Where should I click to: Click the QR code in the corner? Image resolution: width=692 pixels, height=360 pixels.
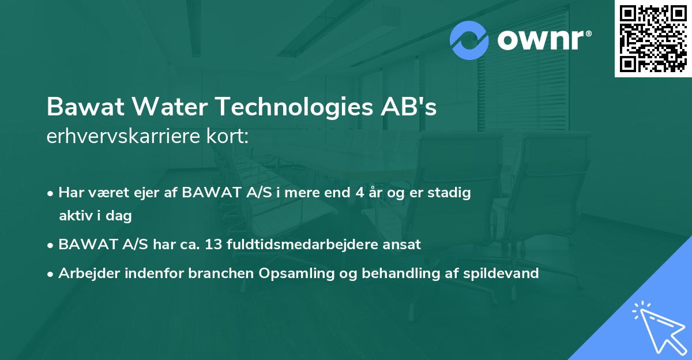[653, 38]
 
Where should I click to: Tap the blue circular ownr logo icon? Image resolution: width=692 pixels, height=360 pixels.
[469, 40]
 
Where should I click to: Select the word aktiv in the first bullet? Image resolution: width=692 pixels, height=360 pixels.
[75, 216]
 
